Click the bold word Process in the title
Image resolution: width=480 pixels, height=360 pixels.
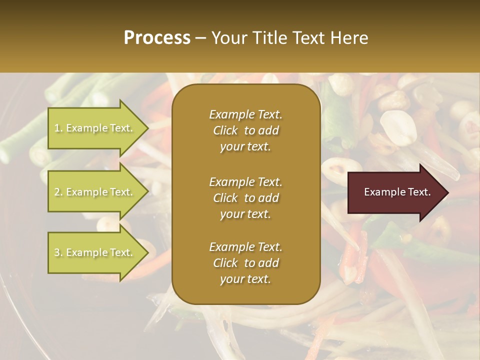coord(157,37)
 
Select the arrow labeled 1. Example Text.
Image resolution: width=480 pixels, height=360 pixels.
coord(95,128)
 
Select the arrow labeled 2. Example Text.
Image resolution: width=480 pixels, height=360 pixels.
coord(95,192)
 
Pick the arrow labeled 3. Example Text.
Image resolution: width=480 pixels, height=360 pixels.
coord(95,252)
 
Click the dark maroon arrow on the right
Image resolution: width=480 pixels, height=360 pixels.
coord(395,192)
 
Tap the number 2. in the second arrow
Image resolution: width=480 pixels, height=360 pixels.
coord(58,192)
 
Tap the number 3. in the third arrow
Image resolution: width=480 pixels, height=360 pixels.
coord(58,252)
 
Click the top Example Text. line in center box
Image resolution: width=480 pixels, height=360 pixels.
coord(245,114)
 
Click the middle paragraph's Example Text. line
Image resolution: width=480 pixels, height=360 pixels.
coord(245,181)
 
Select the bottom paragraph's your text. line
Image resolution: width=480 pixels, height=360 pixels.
coord(245,279)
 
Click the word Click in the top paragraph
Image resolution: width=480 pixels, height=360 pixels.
coord(225,130)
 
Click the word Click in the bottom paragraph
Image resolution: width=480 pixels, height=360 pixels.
coord(225,263)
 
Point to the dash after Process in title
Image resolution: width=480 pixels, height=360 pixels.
coord(201,38)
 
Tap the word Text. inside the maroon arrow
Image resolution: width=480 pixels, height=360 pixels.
coord(419,192)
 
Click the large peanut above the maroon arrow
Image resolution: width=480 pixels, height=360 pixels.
coord(398,128)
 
